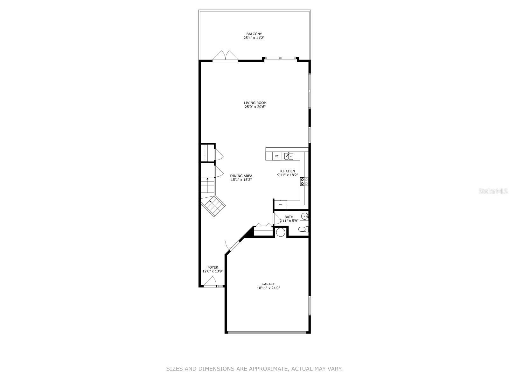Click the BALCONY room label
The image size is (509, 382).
coord(254,34)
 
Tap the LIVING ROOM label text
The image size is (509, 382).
coord(255,103)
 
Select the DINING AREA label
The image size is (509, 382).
coord(241,176)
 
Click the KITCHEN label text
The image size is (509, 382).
coord(288,171)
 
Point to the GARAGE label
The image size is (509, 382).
coord(268,284)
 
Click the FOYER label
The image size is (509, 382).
coord(213,267)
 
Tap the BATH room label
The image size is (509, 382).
coord(289,217)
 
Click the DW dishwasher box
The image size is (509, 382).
coord(277,156)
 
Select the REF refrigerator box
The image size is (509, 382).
coord(281,204)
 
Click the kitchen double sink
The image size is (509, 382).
coord(289,156)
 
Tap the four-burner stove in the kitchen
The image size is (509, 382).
coord(304,181)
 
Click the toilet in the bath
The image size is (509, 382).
coord(303,229)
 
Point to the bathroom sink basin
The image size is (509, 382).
coord(305,216)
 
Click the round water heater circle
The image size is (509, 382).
coord(281,232)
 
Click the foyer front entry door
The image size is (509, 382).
coord(210,282)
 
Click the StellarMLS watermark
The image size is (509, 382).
coord(493,191)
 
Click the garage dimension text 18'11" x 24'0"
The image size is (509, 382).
coord(268,288)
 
